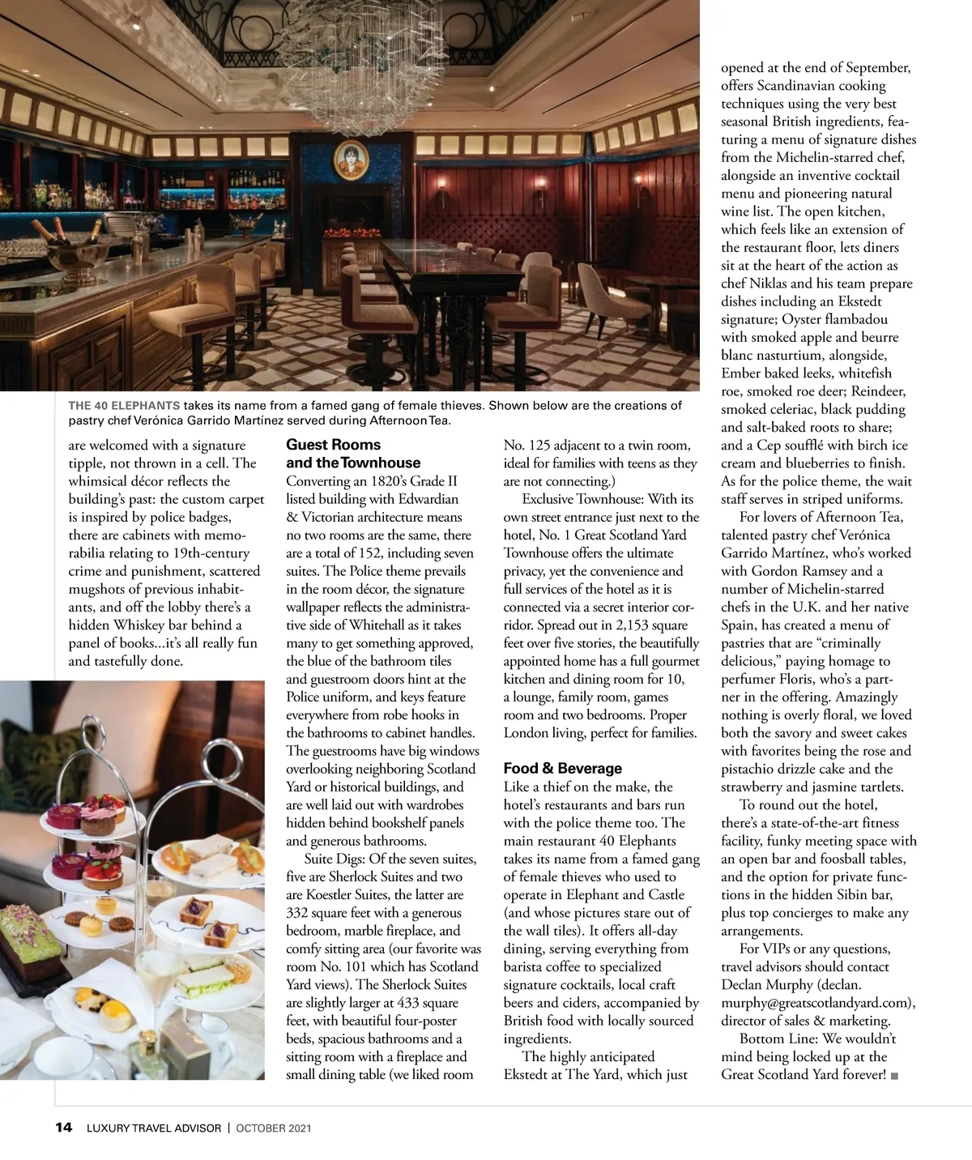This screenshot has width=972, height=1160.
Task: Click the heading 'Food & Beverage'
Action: (x=562, y=768)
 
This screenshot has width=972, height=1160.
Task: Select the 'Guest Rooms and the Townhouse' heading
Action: (x=353, y=454)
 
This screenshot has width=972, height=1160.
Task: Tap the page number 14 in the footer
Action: (x=63, y=1127)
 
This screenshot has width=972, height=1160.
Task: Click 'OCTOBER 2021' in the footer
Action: (x=274, y=1128)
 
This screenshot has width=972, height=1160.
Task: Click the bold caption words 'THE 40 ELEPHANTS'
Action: (x=124, y=405)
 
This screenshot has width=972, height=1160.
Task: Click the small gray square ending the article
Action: (x=893, y=1076)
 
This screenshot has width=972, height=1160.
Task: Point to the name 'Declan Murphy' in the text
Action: (x=765, y=985)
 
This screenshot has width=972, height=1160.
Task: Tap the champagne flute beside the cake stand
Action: (x=158, y=988)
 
